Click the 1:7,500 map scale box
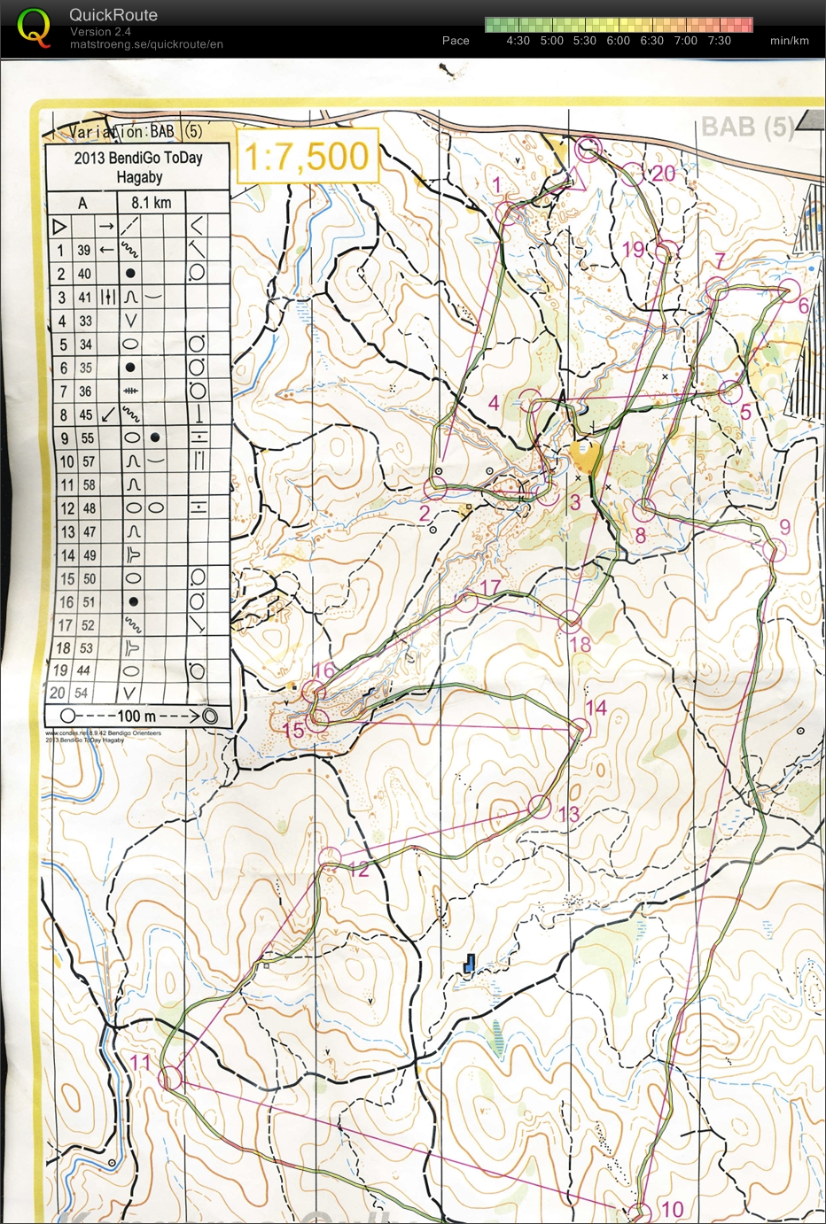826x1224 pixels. click(307, 157)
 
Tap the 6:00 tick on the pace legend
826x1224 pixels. click(618, 41)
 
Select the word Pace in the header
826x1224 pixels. click(456, 41)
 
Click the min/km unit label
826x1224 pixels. click(789, 41)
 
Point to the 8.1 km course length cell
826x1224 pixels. click(152, 203)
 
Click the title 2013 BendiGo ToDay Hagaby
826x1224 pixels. click(138, 167)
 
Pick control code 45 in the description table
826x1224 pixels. click(85, 414)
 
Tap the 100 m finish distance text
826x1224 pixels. click(136, 716)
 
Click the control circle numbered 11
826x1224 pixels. click(169, 1077)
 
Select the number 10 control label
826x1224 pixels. click(673, 1208)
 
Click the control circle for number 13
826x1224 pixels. click(539, 806)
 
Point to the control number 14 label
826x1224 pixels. click(596, 708)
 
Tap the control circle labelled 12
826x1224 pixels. click(330, 856)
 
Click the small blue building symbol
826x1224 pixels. click(470, 963)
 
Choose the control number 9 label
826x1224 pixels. click(784, 527)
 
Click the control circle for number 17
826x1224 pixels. click(467, 602)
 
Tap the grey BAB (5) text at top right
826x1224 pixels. click(746, 127)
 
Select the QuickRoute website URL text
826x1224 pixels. click(146, 44)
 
